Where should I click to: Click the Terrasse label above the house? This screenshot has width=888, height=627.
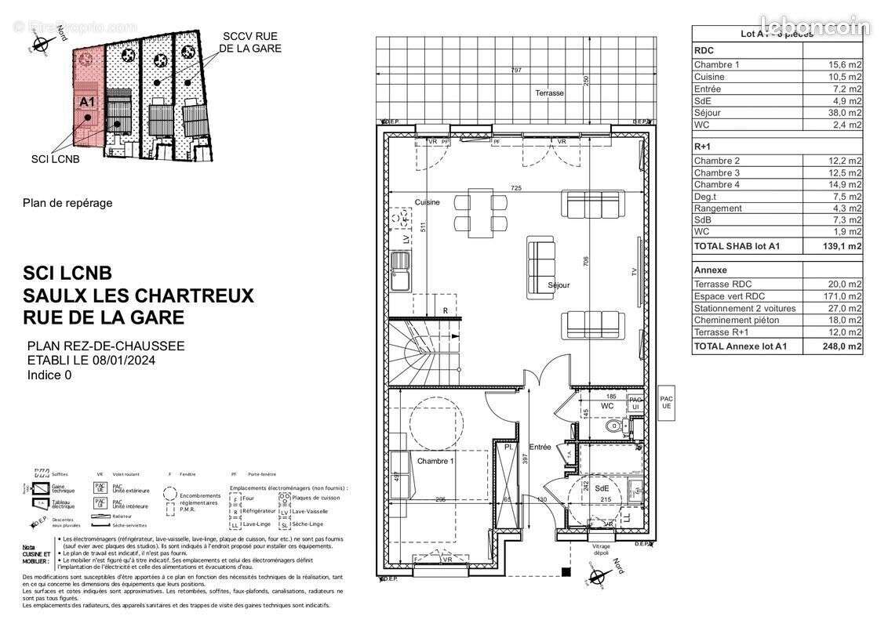pyautogui.click(x=549, y=93)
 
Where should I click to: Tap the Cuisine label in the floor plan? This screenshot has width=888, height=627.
pyautogui.click(x=428, y=202)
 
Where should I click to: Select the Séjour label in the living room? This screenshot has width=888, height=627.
pyautogui.click(x=559, y=285)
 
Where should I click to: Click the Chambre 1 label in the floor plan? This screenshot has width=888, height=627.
pyautogui.click(x=435, y=461)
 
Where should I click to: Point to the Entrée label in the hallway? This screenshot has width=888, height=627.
pyautogui.click(x=540, y=447)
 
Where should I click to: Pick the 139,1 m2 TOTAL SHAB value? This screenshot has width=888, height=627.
pyautogui.click(x=844, y=246)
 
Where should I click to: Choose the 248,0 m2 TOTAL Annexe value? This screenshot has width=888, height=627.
pyautogui.click(x=844, y=346)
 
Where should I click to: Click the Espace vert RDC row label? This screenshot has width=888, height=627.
pyautogui.click(x=729, y=296)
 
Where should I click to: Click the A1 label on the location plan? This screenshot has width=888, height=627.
pyautogui.click(x=87, y=101)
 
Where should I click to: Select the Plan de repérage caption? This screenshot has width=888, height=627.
pyautogui.click(x=67, y=203)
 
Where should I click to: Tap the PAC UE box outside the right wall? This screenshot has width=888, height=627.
pyautogui.click(x=667, y=401)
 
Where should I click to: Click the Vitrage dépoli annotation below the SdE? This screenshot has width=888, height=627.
pyautogui.click(x=601, y=550)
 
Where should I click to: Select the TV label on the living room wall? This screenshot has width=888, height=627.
pyautogui.click(x=634, y=272)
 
